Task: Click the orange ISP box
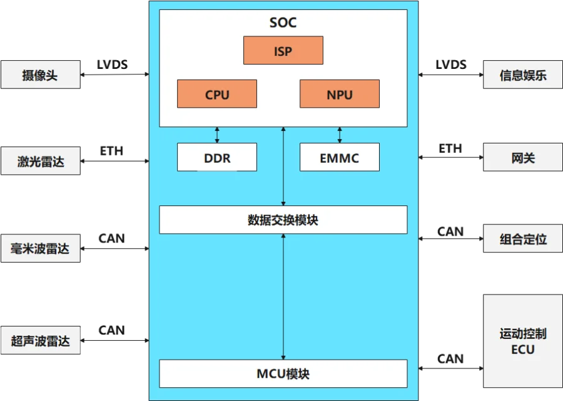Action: [283, 51]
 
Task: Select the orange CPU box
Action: [217, 94]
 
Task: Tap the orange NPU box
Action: [339, 94]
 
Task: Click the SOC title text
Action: [283, 23]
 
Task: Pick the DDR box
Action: [217, 157]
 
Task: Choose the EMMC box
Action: [339, 157]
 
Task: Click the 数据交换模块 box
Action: [283, 220]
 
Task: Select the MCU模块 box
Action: [283, 374]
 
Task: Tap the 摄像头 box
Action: [40, 75]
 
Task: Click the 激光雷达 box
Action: [40, 162]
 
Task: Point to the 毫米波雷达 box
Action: [40, 249]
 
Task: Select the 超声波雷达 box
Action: [40, 341]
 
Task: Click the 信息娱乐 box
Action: [522, 75]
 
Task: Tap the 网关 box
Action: [522, 157]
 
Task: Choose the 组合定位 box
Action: [522, 239]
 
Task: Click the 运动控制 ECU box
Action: [522, 341]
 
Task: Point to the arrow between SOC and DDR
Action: [217, 135]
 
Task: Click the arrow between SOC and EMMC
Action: [340, 135]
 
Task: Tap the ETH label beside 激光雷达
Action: [113, 151]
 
